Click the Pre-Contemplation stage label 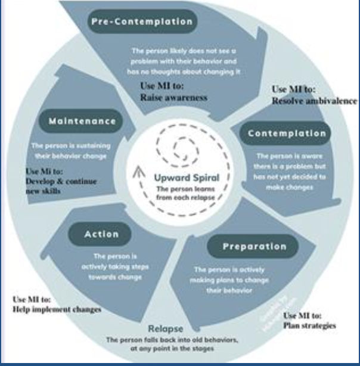[142, 22]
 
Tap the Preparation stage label [255, 246]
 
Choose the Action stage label [101, 234]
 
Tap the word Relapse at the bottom [166, 328]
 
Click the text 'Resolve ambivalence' [314, 100]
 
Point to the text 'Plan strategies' [309, 325]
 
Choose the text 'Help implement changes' [57, 309]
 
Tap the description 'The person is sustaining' [70, 145]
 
